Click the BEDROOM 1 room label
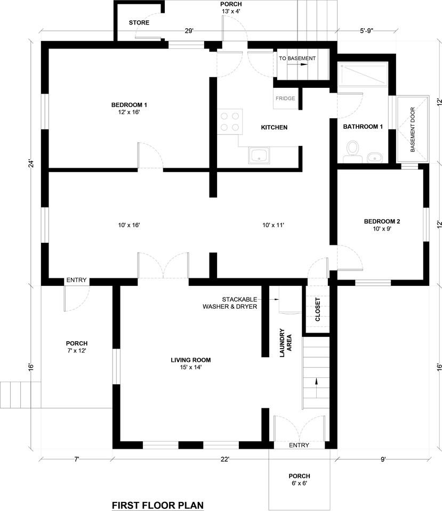click(x=129, y=105)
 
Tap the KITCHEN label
click(x=274, y=127)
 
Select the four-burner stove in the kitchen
click(x=230, y=121)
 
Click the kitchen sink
click(x=259, y=155)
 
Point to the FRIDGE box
click(x=285, y=98)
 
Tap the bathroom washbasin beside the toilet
click(x=374, y=158)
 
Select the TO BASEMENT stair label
click(x=297, y=59)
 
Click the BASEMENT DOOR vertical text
click(x=413, y=129)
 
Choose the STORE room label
click(x=139, y=22)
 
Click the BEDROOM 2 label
click(x=382, y=221)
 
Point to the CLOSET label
click(x=318, y=309)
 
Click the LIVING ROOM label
click(x=191, y=360)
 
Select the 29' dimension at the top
click(x=189, y=31)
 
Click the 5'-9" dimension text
click(x=367, y=31)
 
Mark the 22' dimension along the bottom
click(x=225, y=459)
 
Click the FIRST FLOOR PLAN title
click(x=158, y=506)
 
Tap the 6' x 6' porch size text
click(x=299, y=483)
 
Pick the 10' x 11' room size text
click(x=273, y=225)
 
